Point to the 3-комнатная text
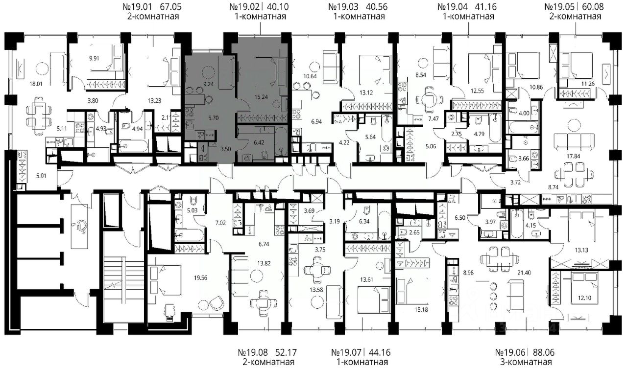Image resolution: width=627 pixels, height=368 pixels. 526,362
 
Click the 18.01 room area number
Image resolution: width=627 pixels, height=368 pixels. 36,84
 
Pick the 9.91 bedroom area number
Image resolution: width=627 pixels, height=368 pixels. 94,58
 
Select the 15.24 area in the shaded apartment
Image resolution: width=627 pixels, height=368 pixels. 261,97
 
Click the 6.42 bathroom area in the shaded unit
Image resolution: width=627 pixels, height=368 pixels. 259,142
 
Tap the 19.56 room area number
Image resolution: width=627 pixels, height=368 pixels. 201,277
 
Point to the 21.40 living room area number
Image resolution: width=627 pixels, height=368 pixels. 524,273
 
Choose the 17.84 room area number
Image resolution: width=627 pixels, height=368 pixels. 573,156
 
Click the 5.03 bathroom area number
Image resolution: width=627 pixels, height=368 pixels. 193,210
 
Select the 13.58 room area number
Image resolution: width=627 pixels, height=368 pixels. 316,290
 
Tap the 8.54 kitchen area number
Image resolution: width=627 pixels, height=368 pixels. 421,75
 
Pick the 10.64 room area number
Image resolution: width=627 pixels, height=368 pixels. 310,76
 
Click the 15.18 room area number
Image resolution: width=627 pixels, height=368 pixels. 421,310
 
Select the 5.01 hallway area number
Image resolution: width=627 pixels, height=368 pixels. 41,176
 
